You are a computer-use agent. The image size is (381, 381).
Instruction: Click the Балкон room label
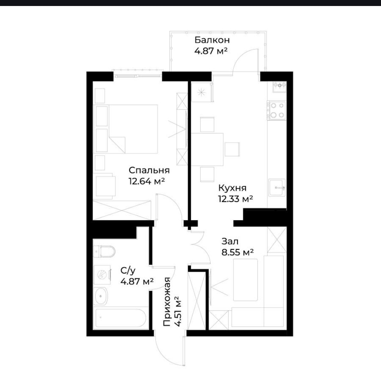pos(212,40)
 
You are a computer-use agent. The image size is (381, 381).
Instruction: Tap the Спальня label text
pos(149,170)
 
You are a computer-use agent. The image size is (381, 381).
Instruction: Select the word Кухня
pos(232,188)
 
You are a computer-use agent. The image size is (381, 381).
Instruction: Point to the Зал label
pos(230,242)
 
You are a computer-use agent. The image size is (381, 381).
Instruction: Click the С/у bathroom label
pos(128,270)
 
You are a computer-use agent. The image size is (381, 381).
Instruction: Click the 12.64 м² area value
pos(147,181)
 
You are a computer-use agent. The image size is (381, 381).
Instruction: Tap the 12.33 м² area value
pos(236,199)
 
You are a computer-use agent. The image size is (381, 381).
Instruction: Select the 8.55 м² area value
pos(238,253)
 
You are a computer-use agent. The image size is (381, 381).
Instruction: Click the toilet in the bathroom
pos(104,252)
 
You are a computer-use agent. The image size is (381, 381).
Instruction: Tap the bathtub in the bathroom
pos(121,318)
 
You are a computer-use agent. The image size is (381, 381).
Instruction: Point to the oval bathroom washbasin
pos(100,296)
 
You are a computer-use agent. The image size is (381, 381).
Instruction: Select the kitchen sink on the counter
pos(277,187)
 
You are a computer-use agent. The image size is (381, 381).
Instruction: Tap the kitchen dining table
pos(207,149)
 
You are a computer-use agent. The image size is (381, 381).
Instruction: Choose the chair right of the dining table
pos(232,149)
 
